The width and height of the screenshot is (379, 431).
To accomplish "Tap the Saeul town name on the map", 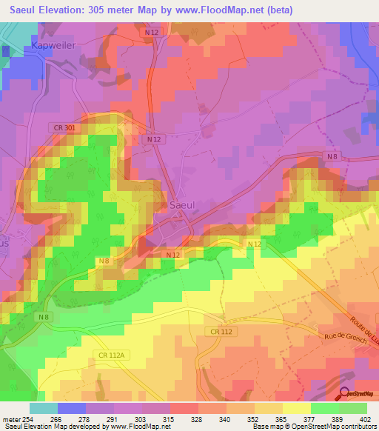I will coord(183,205).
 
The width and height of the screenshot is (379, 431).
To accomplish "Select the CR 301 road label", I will coord(65,128).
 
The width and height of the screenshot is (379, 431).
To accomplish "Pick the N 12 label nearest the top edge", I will coord(152,33).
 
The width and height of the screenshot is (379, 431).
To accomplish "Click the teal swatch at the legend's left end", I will coord(43,408).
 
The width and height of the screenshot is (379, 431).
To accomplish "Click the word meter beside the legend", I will coord(13,418).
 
